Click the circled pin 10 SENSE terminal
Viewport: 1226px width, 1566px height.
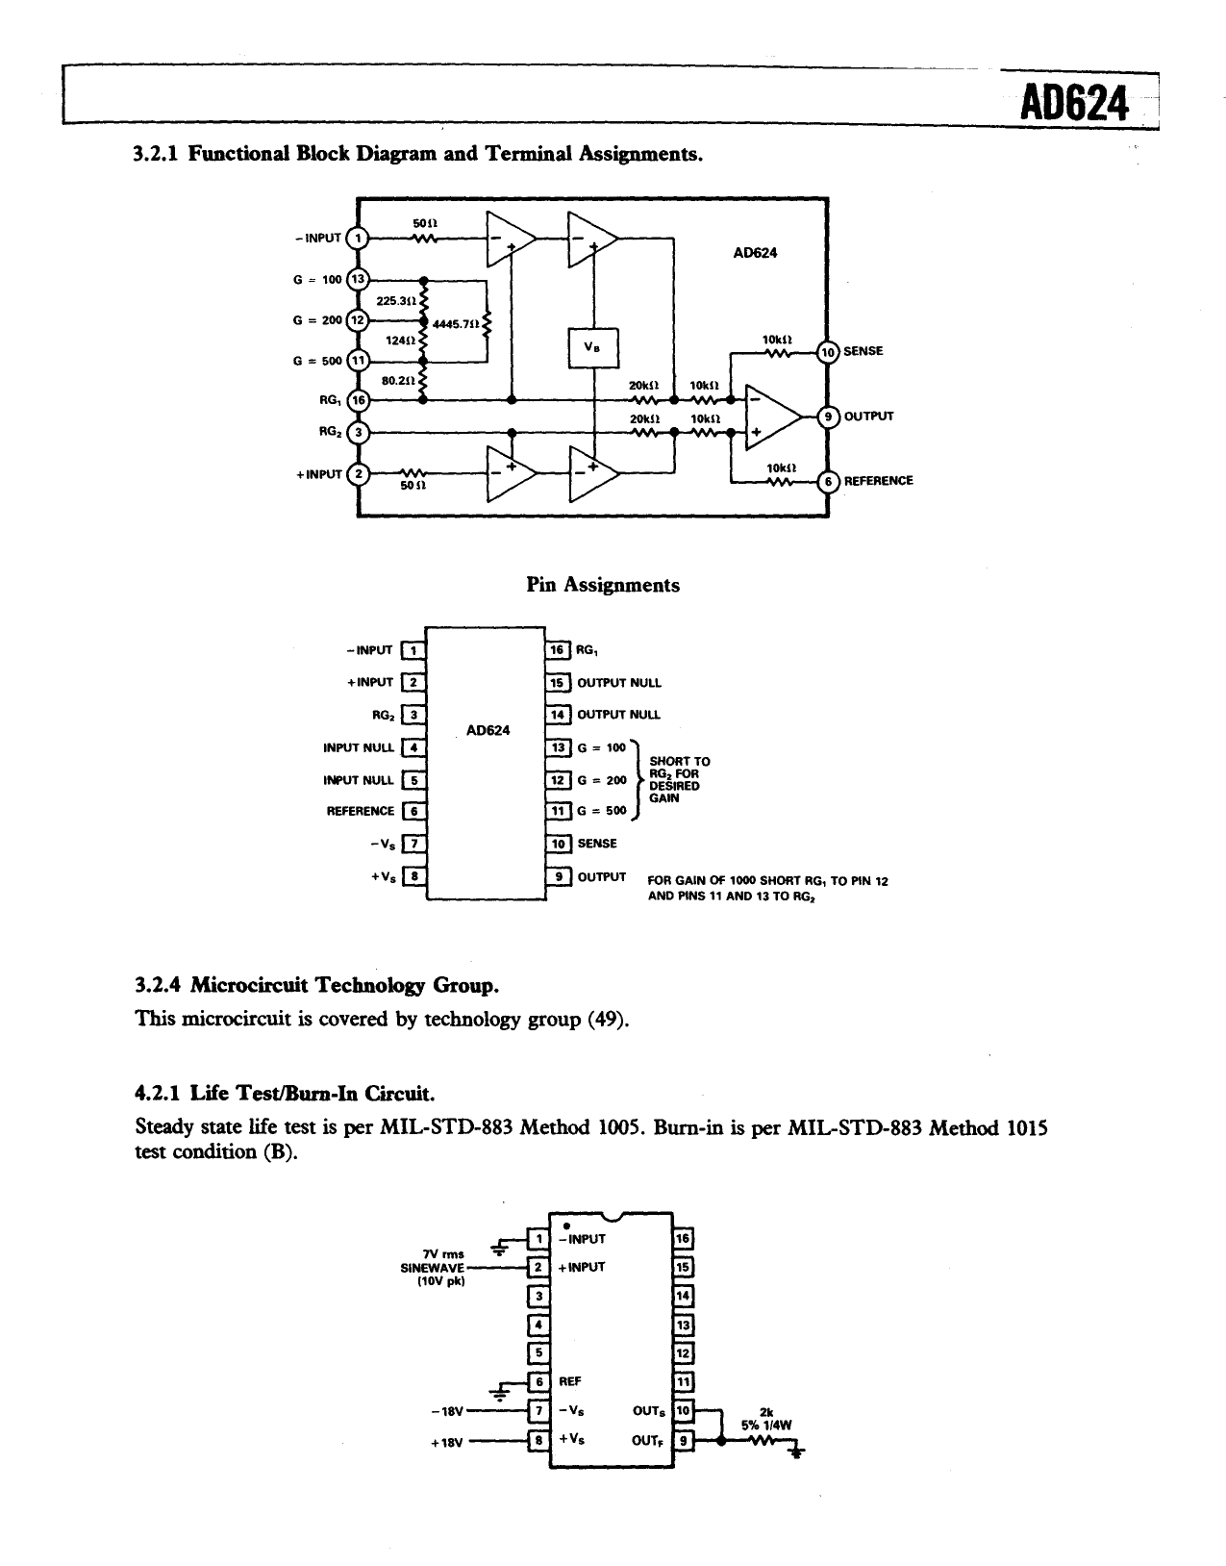[x=827, y=352]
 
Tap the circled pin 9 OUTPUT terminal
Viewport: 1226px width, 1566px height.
[x=827, y=417]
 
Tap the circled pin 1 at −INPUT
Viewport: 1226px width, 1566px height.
[x=357, y=239]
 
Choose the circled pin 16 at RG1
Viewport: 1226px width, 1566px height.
[x=358, y=400]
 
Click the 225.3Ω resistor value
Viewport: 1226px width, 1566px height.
[x=394, y=300]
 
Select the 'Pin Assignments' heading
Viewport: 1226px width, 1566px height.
[x=603, y=585]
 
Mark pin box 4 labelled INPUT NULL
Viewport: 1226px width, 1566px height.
[x=413, y=747]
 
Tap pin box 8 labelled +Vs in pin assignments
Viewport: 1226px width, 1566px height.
[x=413, y=876]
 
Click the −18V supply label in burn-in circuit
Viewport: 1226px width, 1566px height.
[x=448, y=1411]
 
